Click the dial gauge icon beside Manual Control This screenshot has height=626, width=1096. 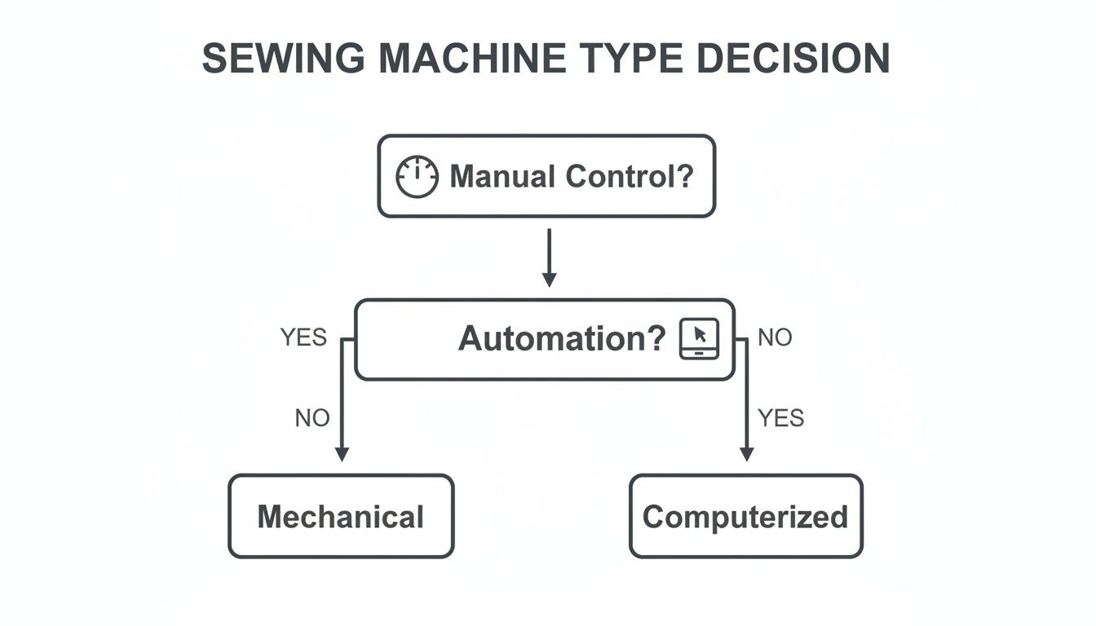click(417, 177)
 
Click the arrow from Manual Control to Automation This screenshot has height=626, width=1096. click(549, 257)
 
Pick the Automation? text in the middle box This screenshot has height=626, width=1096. click(563, 338)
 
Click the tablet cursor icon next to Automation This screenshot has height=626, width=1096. click(700, 338)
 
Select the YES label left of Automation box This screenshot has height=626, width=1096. click(303, 337)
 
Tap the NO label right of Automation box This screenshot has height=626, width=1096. click(775, 337)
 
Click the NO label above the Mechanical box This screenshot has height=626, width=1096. click(312, 418)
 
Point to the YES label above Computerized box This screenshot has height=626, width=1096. click(780, 418)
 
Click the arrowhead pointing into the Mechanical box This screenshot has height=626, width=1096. click(342, 453)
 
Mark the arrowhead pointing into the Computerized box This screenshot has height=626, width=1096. click(745, 453)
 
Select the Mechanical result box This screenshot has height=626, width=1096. click(341, 517)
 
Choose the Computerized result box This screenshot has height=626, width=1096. click(745, 517)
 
